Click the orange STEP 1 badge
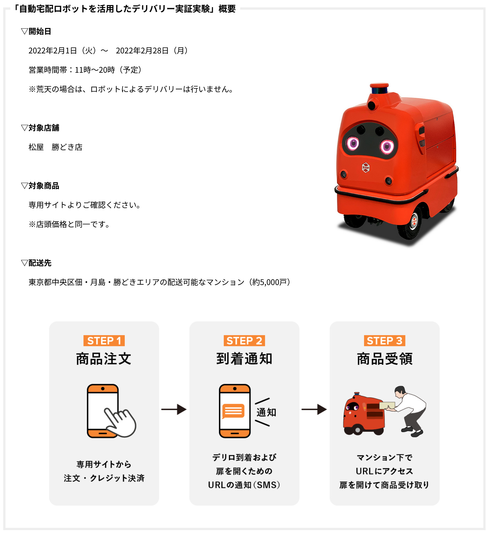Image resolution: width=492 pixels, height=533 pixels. click(x=104, y=341)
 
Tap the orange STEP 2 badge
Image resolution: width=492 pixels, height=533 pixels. click(x=244, y=341)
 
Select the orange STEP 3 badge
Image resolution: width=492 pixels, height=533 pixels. click(x=385, y=341)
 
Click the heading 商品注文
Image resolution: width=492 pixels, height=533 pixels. click(x=104, y=359)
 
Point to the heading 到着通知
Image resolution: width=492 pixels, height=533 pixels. click(x=244, y=359)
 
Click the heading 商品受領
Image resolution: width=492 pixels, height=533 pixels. click(x=385, y=359)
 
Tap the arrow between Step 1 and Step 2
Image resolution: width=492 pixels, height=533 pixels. click(x=174, y=409)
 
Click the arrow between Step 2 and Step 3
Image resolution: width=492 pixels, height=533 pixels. click(x=314, y=409)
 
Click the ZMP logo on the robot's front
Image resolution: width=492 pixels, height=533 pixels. click(x=366, y=168)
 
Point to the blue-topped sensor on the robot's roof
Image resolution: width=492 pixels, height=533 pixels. click(x=380, y=88)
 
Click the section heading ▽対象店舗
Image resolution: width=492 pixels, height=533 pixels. click(x=40, y=128)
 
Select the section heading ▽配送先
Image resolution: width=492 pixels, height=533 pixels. click(x=36, y=263)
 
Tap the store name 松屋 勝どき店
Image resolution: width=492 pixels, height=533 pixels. click(x=55, y=147)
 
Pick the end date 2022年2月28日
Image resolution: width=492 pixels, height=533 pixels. click(x=142, y=51)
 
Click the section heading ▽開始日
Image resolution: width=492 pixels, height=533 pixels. click(x=36, y=31)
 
